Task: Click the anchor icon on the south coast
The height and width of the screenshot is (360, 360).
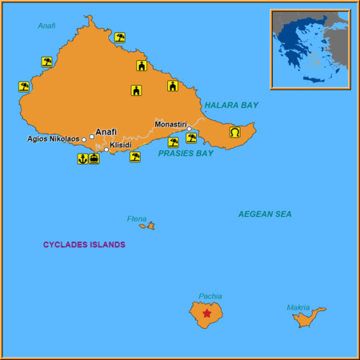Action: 82,158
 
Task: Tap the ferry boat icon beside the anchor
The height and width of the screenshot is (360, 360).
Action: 94,158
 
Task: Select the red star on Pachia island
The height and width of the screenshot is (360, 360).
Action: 207,314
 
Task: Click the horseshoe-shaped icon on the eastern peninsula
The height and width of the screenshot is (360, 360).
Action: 235,132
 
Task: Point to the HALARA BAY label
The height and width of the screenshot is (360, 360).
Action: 231,105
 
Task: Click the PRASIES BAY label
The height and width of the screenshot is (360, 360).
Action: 186,153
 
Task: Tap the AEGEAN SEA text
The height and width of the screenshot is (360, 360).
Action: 265,214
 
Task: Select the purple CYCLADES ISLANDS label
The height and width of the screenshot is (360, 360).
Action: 84,244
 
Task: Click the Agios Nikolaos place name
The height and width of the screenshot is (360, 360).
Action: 53,138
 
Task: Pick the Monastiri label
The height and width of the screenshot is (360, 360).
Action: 170,124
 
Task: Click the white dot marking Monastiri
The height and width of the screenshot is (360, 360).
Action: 190,129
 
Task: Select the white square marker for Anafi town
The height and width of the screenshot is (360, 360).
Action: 92,137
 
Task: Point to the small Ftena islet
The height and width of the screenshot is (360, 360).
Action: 147,226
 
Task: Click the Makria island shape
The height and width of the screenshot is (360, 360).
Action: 307,318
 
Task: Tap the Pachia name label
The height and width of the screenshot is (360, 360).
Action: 210,296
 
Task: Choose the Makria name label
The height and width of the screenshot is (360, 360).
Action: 298,307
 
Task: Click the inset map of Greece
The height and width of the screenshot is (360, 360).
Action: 310,49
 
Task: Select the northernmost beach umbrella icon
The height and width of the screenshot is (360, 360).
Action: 120,37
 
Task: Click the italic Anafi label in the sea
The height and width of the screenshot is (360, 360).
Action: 46,26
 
